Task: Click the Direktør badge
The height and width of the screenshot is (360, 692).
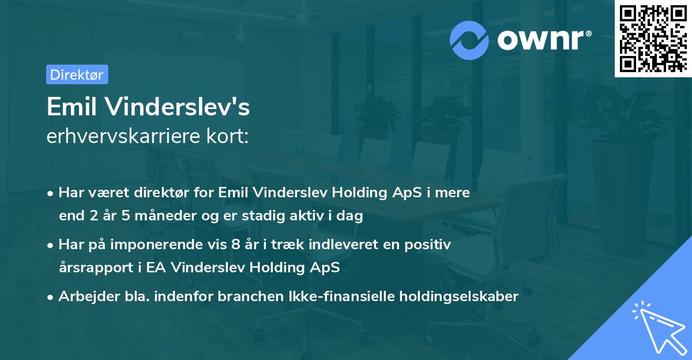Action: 77,74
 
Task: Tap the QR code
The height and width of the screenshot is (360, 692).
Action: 652,38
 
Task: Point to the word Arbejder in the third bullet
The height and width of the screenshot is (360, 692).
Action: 85,297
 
